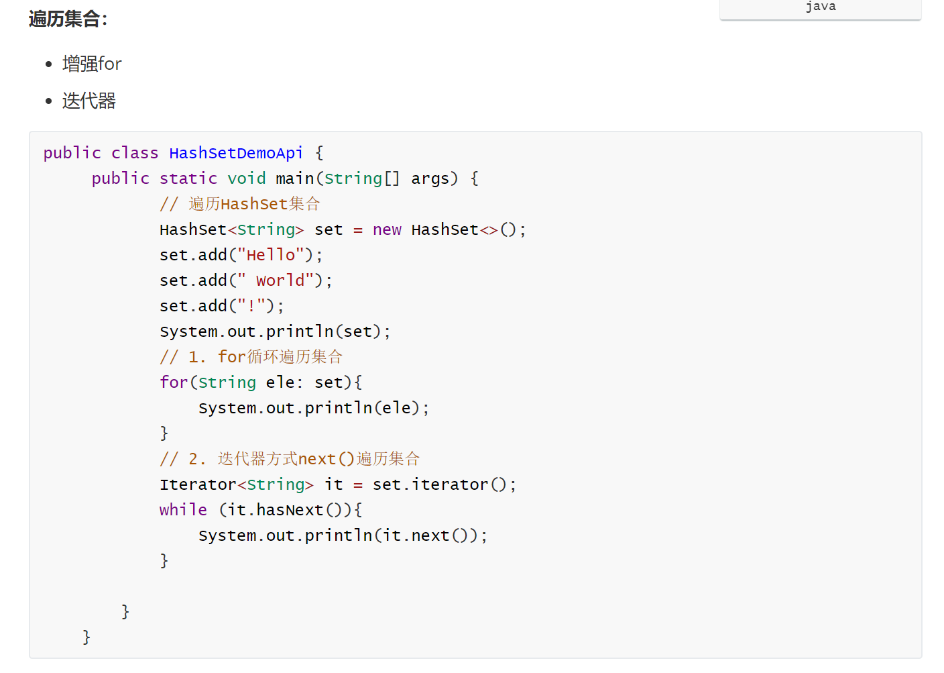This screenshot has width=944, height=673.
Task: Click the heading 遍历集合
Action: pyautogui.click(x=68, y=19)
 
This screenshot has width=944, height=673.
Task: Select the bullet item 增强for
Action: pyautogui.click(x=92, y=64)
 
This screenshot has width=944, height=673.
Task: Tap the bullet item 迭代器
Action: pyautogui.click(x=89, y=101)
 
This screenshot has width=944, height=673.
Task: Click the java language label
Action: pyautogui.click(x=820, y=7)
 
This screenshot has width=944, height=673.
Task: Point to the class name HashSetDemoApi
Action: pyautogui.click(x=236, y=153)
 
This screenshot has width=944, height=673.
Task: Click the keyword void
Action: pyautogui.click(x=246, y=178)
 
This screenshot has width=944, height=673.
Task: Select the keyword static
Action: pyautogui.click(x=188, y=178)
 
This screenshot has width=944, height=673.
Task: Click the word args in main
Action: pyautogui.click(x=430, y=178)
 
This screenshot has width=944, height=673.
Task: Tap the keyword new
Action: pyautogui.click(x=387, y=229)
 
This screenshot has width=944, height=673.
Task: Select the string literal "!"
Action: pyautogui.click(x=251, y=306)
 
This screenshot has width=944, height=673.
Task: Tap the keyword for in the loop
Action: pyautogui.click(x=174, y=382)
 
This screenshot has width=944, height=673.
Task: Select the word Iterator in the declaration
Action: pyautogui.click(x=198, y=484)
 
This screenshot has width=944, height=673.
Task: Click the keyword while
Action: pyautogui.click(x=183, y=510)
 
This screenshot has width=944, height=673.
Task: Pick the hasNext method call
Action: pyautogui.click(x=290, y=510)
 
